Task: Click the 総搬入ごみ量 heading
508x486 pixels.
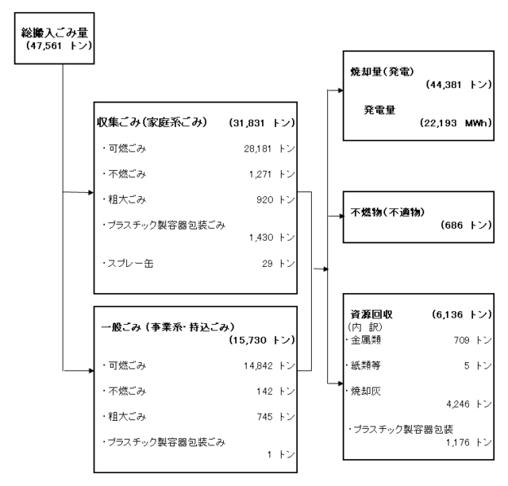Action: point(55,33)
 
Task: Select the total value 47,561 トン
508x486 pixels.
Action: point(59,45)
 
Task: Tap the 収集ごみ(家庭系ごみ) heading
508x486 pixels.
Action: point(152,122)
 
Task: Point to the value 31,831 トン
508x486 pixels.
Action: point(262,123)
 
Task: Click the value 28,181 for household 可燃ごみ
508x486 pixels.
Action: point(257,148)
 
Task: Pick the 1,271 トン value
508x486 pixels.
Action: point(271,175)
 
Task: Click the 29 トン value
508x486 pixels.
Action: point(279,264)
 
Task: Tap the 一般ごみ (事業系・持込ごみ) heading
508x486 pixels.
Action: point(167,327)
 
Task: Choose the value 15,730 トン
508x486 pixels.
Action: point(262,340)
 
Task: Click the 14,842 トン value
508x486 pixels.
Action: point(269,366)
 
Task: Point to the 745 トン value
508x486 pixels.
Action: point(275,417)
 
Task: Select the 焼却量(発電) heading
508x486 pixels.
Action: point(382,71)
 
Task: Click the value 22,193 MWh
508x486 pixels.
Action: point(456,123)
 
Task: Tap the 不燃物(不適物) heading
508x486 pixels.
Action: point(387,212)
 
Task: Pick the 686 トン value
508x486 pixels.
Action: point(466,225)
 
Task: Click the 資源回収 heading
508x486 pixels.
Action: point(371,314)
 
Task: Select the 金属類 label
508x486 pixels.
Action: point(364,340)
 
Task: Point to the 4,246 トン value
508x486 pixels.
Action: point(469,404)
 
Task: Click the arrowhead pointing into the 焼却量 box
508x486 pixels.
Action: point(341,91)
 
